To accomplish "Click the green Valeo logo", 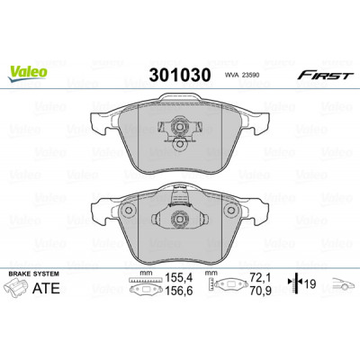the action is coord(28,73).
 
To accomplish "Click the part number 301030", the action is coord(180,75).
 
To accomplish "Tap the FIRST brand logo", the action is coord(324,76).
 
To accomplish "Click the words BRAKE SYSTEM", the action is coord(34,274).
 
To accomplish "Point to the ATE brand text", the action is coord(46,288).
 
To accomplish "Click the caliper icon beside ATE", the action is coord(17,287).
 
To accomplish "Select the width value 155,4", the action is coord(178,278).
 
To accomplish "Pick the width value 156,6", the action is coord(178,291).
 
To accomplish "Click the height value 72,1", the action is coord(260,278).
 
